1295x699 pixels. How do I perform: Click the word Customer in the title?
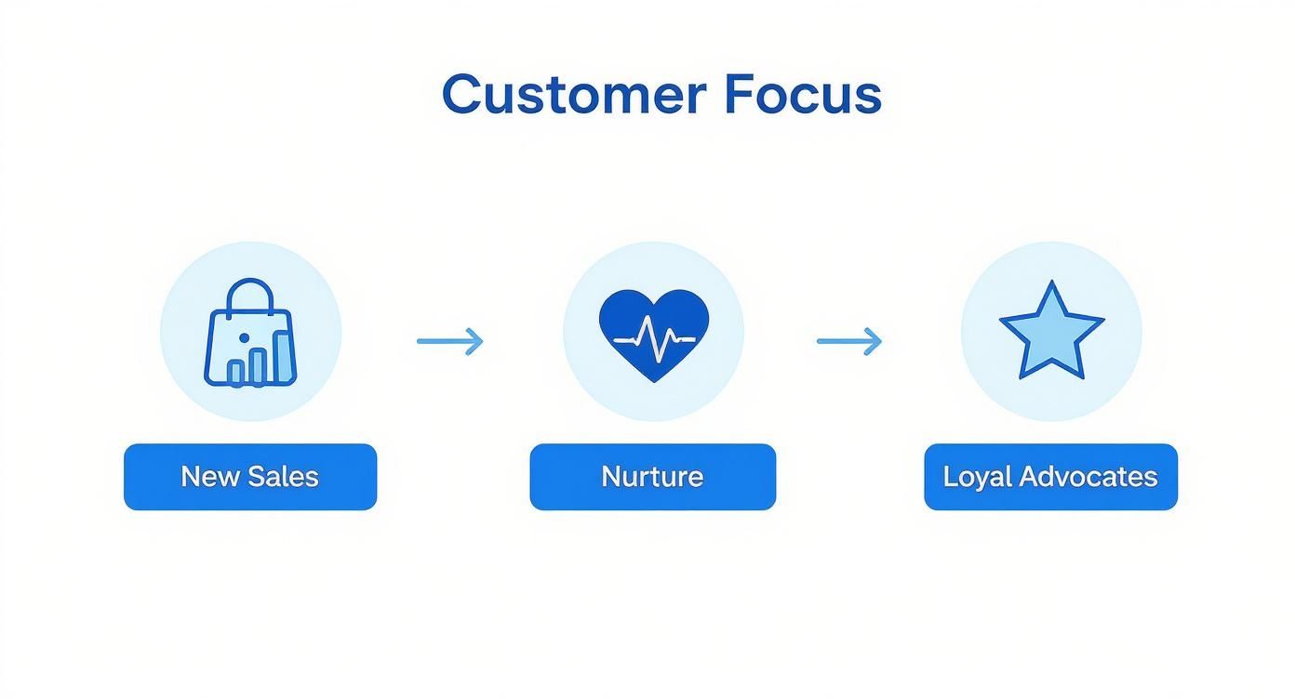pyautogui.click(x=573, y=95)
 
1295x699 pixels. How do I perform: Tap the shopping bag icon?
pyautogui.click(x=250, y=334)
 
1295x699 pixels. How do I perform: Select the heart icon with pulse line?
pyautogui.click(x=654, y=335)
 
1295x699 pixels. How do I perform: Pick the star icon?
pyautogui.click(x=1051, y=332)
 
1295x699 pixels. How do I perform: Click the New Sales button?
pyautogui.click(x=250, y=477)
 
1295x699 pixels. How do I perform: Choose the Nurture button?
pyautogui.click(x=652, y=477)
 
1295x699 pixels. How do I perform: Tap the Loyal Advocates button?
pyautogui.click(x=1050, y=477)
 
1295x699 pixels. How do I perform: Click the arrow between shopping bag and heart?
pyautogui.click(x=450, y=341)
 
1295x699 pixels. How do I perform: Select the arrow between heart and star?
pyautogui.click(x=849, y=341)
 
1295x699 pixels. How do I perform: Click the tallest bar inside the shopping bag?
pyautogui.click(x=276, y=358)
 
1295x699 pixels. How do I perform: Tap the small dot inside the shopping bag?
pyautogui.click(x=244, y=336)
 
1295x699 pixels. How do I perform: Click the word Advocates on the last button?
pyautogui.click(x=1088, y=477)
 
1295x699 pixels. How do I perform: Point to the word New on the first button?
pyautogui.click(x=204, y=477)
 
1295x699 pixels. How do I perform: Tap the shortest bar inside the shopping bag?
pyautogui.click(x=236, y=373)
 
